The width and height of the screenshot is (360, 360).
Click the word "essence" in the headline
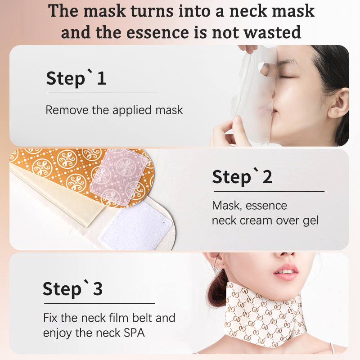[x=158, y=32]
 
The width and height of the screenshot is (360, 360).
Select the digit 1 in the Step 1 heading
[x=102, y=78]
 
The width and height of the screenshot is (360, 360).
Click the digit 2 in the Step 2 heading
[x=267, y=177]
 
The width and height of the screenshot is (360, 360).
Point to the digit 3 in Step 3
[x=98, y=288]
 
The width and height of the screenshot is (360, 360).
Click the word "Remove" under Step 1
[x=67, y=110]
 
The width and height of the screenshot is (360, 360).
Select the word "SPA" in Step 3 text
[x=134, y=333]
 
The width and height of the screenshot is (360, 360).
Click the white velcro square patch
[x=137, y=226]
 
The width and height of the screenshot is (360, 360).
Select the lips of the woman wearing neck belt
[x=286, y=272]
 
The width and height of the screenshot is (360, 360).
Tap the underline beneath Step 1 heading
[x=103, y=93]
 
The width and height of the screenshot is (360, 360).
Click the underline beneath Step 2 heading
[x=269, y=191]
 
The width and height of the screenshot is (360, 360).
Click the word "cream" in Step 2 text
[x=256, y=221]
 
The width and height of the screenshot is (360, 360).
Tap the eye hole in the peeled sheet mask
[x=266, y=69]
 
